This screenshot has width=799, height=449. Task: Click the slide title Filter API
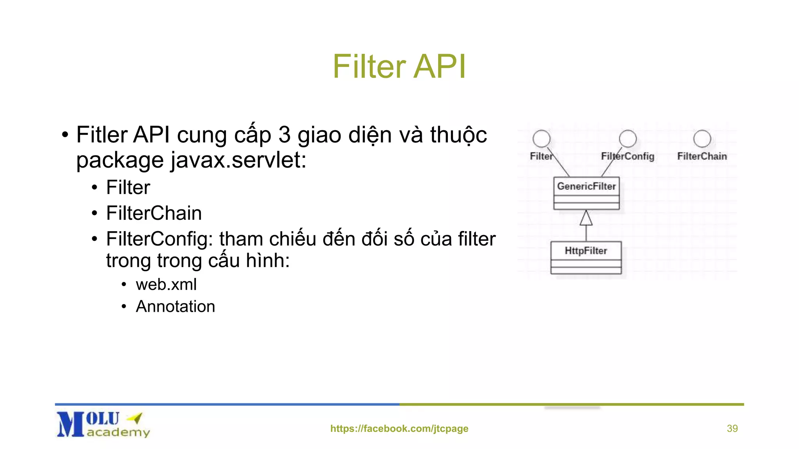(399, 67)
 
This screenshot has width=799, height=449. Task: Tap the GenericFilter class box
(586, 193)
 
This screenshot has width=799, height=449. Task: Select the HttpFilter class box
(586, 257)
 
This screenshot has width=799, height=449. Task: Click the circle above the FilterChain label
(702, 139)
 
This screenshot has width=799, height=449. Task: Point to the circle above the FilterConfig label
(627, 139)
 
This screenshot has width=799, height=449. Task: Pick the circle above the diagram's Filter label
(542, 139)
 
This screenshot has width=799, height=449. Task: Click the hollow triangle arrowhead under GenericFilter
(586, 218)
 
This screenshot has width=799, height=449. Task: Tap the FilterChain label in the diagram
(702, 156)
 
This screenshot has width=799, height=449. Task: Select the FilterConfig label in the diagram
(627, 156)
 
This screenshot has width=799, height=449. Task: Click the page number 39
(732, 428)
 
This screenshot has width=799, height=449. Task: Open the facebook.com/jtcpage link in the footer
(399, 428)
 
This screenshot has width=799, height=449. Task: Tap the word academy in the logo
(118, 432)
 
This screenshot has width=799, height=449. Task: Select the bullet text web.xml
(166, 285)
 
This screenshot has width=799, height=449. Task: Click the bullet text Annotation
(175, 306)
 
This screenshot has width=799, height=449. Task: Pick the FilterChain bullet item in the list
(154, 213)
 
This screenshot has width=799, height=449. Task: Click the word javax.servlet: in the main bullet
(238, 160)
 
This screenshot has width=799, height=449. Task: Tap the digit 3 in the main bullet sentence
(284, 135)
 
